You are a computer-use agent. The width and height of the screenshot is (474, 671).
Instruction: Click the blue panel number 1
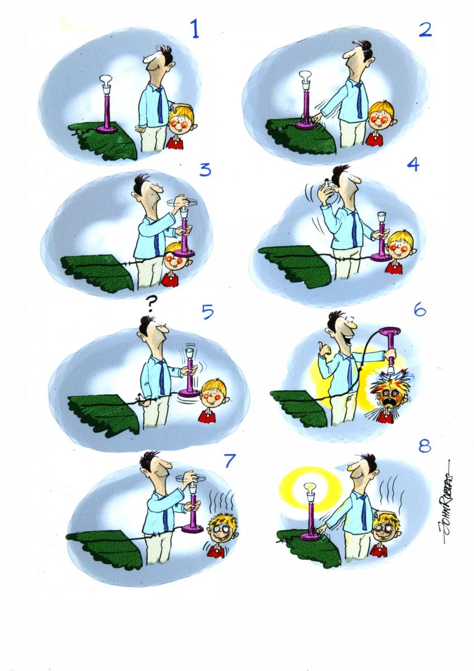195,29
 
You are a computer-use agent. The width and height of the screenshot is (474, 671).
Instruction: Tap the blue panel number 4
413,164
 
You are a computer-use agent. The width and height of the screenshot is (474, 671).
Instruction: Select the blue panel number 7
229,461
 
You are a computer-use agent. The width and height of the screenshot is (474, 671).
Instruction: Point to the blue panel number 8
425,446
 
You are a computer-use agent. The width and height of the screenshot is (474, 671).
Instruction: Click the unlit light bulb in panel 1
106,81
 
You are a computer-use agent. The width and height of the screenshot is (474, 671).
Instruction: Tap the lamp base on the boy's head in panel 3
183,253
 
